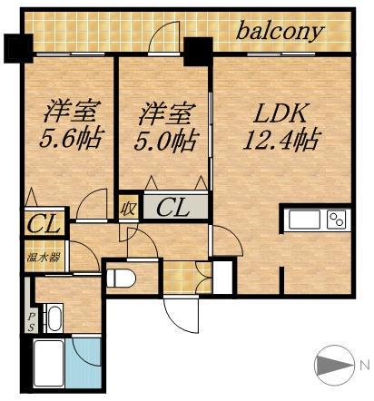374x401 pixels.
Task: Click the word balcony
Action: click(x=280, y=32)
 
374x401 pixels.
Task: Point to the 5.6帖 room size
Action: click(x=71, y=141)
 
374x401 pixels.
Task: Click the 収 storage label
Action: click(x=129, y=208)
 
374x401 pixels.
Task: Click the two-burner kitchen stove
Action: click(x=336, y=220)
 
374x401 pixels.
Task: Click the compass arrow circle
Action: click(x=334, y=366)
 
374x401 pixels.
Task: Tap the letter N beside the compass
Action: click(x=364, y=365)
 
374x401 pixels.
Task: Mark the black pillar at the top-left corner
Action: click(x=16, y=46)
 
